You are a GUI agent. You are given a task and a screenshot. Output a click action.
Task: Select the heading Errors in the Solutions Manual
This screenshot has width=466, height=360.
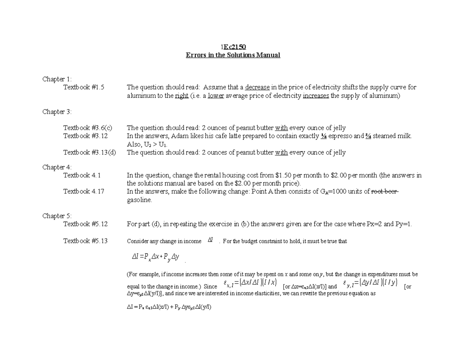coord(233,55)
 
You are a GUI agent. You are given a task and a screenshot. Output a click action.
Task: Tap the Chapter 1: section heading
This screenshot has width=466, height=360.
coord(57,79)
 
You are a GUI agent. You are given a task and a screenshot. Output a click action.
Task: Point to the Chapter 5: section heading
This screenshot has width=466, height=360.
coord(57,216)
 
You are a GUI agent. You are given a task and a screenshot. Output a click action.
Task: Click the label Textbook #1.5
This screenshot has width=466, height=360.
coord(84,87)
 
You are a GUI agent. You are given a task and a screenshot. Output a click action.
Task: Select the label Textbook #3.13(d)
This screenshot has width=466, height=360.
coord(89,152)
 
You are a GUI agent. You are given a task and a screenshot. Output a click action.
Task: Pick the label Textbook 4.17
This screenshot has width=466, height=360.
coord(83,191)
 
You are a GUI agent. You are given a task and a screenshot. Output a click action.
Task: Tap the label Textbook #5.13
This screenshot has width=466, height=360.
coord(85,241)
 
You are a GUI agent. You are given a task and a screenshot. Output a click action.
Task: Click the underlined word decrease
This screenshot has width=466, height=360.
coord(257,87)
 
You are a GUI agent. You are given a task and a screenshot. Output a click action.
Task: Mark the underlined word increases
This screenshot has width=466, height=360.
coord(316,96)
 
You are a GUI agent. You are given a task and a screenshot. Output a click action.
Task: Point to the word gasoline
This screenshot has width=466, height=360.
coord(139,200)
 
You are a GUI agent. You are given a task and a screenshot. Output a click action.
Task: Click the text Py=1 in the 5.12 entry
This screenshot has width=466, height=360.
coord(403,224)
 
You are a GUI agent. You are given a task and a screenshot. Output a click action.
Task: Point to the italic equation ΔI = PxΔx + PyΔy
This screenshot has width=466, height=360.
coord(155,257)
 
